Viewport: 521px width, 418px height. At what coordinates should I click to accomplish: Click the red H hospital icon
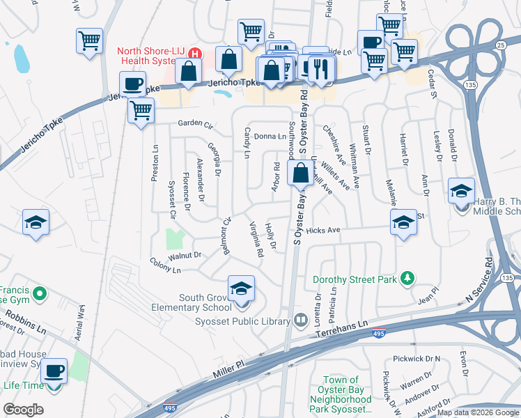pos(196,54)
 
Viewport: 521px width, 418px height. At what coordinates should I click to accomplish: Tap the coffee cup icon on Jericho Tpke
pos(132,86)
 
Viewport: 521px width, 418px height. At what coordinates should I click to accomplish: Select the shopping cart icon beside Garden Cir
pos(141,110)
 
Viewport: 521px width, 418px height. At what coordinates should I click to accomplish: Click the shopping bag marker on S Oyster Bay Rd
pos(300,173)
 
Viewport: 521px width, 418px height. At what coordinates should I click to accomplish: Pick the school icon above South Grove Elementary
pos(241,288)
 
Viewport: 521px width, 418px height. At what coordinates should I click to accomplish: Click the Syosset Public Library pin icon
pos(300,320)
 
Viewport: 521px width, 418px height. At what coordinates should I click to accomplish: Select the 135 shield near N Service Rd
pos(506,279)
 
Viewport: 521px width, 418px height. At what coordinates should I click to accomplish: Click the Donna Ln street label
pos(270,137)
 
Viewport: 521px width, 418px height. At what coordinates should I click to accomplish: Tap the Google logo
pos(24,410)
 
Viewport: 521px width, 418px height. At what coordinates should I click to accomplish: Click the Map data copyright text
pos(478,412)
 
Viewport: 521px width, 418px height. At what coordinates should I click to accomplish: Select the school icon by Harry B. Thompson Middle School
pos(461,191)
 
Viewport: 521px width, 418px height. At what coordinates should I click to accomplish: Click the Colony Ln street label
pos(165,265)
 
